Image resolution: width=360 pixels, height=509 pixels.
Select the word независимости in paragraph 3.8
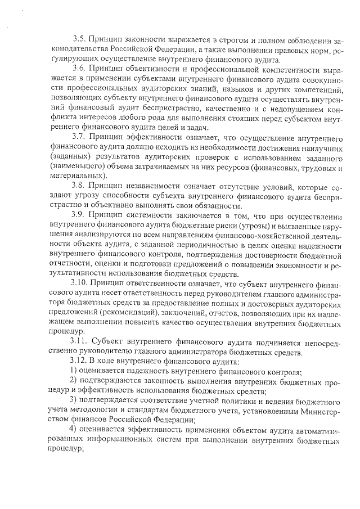(x=160, y=187)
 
